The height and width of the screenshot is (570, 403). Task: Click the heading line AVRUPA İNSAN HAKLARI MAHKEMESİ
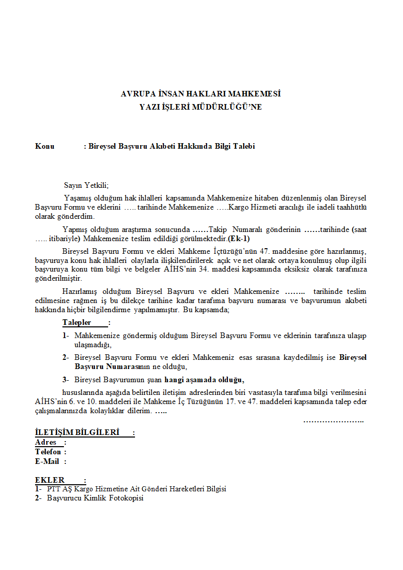click(200, 94)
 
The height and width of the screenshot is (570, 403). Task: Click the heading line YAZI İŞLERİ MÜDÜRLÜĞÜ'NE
click(200, 107)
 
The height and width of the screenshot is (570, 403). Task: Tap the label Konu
click(45, 147)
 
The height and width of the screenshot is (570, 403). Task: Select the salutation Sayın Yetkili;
click(86, 185)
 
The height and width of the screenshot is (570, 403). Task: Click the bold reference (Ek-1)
click(239, 239)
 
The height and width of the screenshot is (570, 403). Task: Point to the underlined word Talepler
click(77, 323)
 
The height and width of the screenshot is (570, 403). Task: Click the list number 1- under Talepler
click(66, 336)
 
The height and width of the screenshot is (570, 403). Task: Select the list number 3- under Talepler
click(66, 380)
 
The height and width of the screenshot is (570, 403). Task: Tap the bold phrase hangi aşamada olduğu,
click(204, 380)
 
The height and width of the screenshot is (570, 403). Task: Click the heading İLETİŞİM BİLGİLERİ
click(77, 432)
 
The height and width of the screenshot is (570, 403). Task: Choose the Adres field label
click(46, 442)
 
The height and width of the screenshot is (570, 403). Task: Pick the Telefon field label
click(48, 452)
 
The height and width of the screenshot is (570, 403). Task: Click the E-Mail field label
click(47, 461)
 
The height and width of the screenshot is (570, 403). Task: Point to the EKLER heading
click(50, 480)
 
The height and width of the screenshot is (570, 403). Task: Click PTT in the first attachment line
click(53, 489)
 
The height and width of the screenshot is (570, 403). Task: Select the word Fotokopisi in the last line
click(127, 498)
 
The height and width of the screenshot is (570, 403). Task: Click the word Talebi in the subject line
click(244, 147)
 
